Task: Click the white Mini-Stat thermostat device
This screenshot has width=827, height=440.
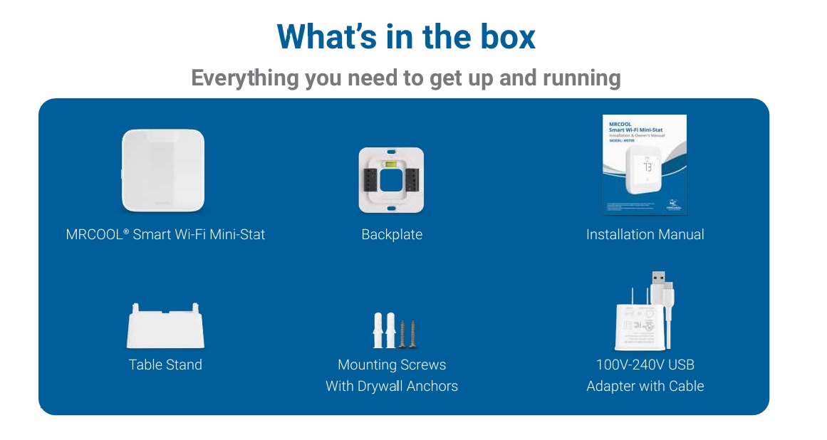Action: [164, 171]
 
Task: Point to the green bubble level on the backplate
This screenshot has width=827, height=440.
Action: [392, 163]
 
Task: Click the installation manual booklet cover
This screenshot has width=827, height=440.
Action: [645, 164]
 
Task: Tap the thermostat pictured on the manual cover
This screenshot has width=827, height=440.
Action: [647, 174]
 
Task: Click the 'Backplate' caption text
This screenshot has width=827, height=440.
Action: [392, 235]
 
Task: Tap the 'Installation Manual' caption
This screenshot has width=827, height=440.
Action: [645, 235]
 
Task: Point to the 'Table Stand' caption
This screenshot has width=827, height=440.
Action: [165, 365]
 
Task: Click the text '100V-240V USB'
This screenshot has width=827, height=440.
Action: [645, 365]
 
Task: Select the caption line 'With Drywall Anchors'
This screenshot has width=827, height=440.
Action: [392, 387]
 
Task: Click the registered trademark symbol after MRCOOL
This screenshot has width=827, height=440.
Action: [126, 231]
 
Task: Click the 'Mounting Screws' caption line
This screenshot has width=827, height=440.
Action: [392, 365]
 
